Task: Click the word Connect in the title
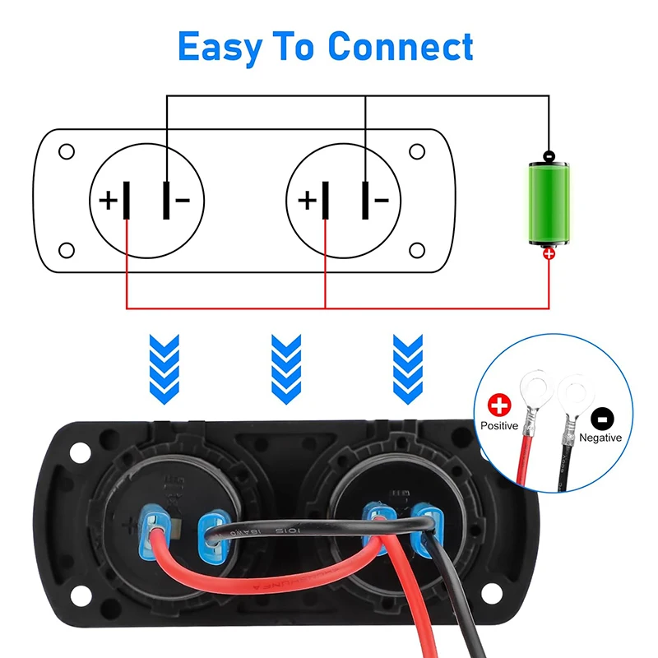point(401,47)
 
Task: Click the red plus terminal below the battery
point(549,255)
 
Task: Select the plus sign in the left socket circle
point(108,200)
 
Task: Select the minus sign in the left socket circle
point(183,200)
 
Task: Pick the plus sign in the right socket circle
point(306,200)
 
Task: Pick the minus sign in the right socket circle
point(380,200)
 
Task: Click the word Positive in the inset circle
point(499,426)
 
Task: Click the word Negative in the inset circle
point(600,438)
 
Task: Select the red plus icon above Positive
point(499,405)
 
